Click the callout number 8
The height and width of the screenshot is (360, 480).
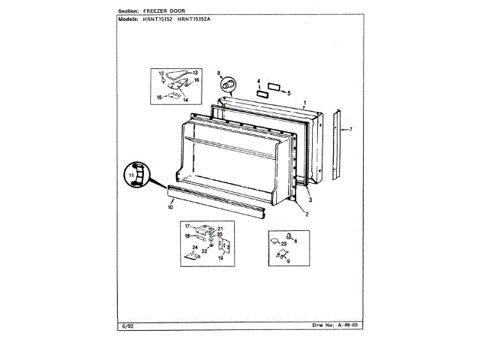(219, 73)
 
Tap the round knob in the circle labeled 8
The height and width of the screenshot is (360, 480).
(230, 81)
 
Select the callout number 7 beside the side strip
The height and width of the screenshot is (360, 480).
(350, 130)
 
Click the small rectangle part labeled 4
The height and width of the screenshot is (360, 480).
(262, 94)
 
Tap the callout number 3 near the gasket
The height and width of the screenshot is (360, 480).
(310, 199)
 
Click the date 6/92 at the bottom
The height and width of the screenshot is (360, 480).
(127, 325)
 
